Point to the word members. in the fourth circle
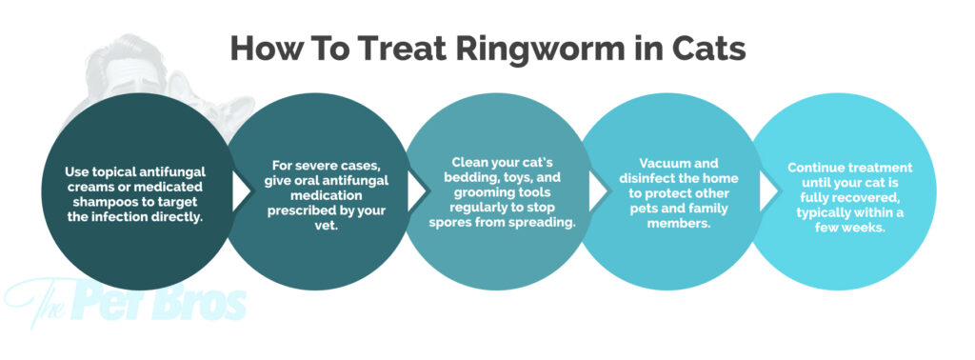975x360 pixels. pos(678,223)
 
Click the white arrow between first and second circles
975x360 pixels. pos(240,191)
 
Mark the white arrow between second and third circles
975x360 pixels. pos(418,191)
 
